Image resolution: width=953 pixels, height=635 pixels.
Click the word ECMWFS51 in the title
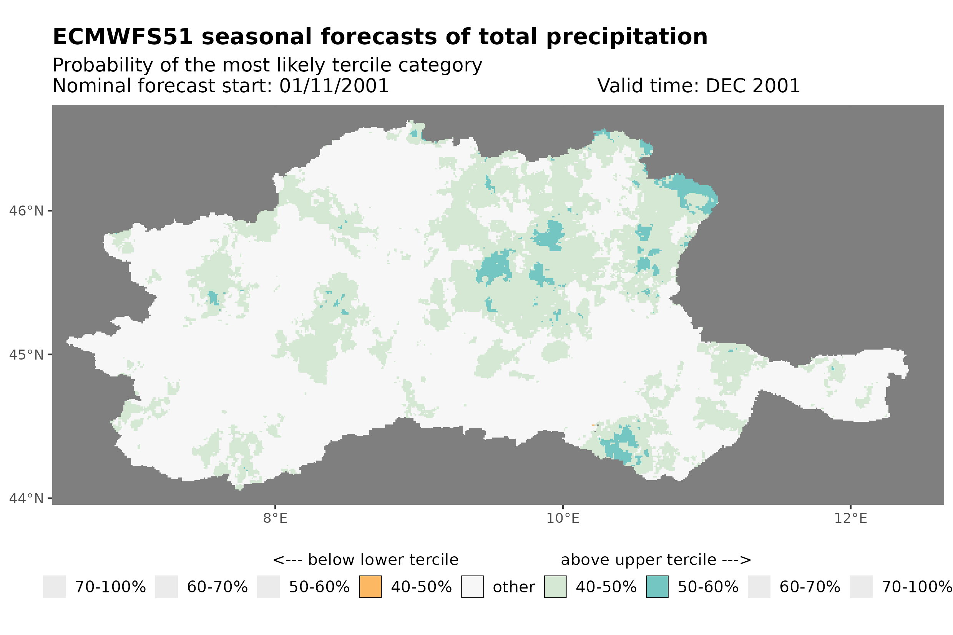click(122, 37)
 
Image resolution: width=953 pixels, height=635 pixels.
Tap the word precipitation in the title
click(626, 37)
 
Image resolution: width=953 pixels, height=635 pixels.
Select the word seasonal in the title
click(257, 37)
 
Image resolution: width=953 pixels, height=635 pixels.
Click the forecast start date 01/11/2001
click(334, 86)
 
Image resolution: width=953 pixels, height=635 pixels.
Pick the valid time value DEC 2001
click(752, 86)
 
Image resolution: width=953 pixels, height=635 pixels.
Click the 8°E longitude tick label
click(276, 518)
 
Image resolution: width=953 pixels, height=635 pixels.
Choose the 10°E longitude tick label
click(563, 518)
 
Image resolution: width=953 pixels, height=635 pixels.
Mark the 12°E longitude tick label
click(850, 518)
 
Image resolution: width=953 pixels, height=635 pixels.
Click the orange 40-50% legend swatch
click(370, 587)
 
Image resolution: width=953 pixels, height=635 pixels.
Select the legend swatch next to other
click(472, 587)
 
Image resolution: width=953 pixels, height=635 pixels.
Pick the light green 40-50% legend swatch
click(555, 587)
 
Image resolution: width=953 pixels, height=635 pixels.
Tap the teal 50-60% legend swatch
click(657, 587)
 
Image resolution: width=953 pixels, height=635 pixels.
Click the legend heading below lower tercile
click(365, 560)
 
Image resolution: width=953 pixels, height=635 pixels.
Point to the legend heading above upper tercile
click(656, 560)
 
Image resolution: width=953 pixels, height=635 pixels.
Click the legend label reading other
click(513, 587)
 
